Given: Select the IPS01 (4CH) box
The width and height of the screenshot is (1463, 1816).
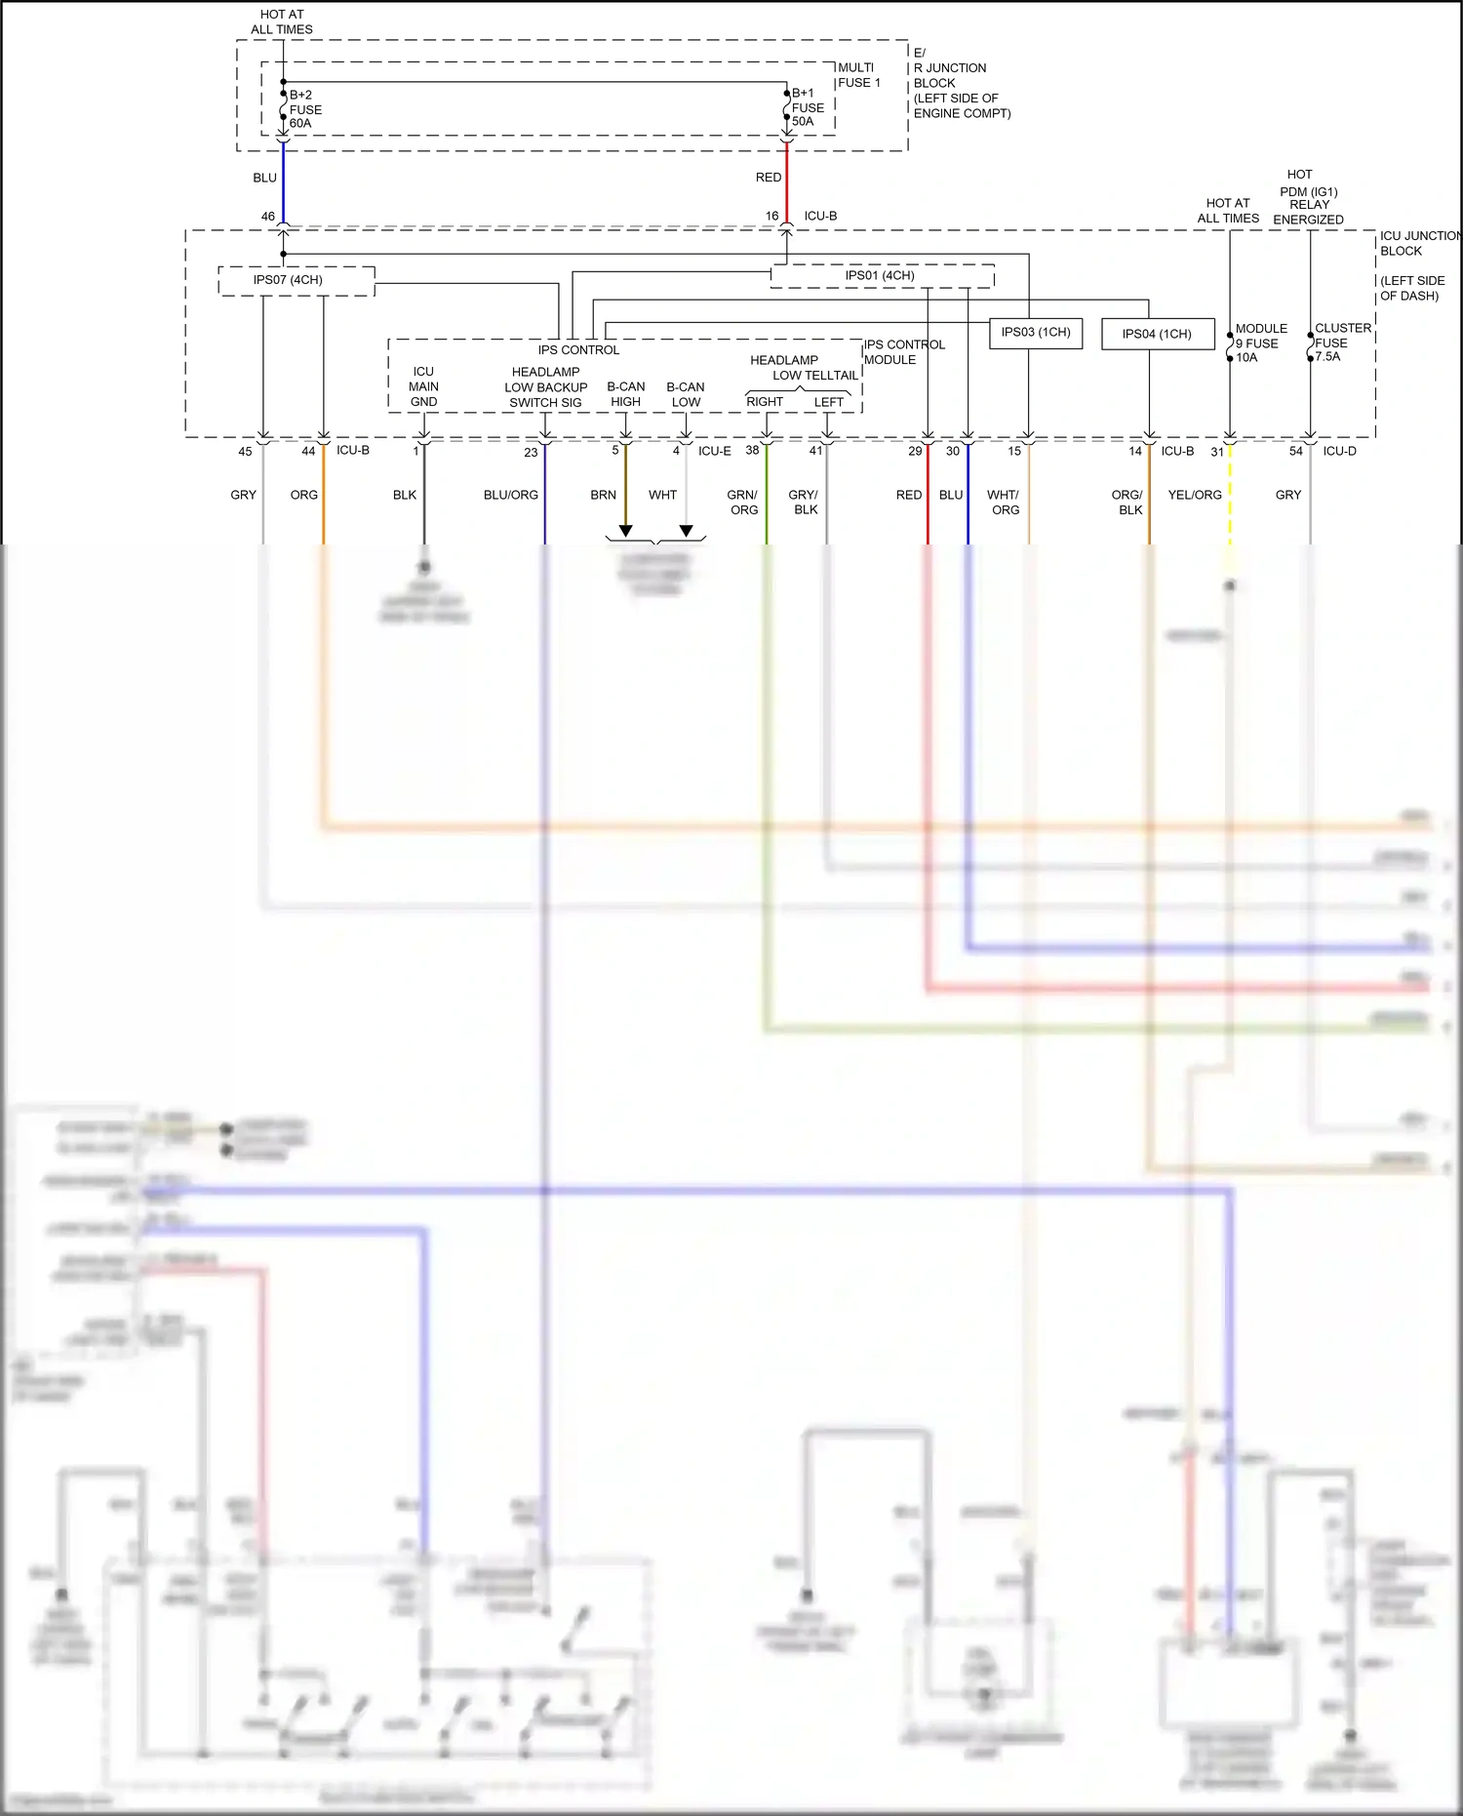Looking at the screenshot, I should point(881,276).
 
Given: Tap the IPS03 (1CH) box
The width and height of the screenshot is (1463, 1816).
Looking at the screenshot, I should point(1036,333).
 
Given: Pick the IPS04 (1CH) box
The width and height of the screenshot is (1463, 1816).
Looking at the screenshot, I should point(1157,334).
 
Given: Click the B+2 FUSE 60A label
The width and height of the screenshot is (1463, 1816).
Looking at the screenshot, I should point(304,109).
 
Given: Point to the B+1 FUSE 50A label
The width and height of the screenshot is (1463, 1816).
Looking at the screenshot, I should point(807,107).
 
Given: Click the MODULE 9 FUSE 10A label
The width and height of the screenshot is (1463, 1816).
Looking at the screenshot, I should point(1259,343).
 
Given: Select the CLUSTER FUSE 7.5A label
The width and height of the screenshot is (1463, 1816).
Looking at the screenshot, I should point(1341,342).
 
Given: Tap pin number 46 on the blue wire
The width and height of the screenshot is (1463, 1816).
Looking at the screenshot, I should point(268,217).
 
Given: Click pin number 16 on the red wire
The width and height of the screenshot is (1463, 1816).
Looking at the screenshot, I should point(772,217).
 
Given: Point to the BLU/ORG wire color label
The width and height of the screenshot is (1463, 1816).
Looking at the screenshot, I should point(511,495).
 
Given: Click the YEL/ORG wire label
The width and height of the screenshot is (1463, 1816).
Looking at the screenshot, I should point(1195,495).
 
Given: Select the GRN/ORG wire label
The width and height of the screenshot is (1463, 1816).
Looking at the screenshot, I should point(743,502).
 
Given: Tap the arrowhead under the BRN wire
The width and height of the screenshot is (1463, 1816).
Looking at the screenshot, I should point(626,531).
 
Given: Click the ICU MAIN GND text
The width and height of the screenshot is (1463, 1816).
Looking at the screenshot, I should point(423,386).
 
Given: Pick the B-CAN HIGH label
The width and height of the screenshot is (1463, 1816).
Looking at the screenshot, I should point(626,394).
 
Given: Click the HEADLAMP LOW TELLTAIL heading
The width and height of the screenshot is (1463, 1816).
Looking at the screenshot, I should point(802,368).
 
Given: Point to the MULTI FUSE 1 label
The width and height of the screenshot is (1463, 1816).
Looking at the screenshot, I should point(858,75).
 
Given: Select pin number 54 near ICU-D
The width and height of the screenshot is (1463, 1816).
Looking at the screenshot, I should point(1295,451).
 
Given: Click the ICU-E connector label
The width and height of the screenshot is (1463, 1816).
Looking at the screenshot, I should point(714,451).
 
